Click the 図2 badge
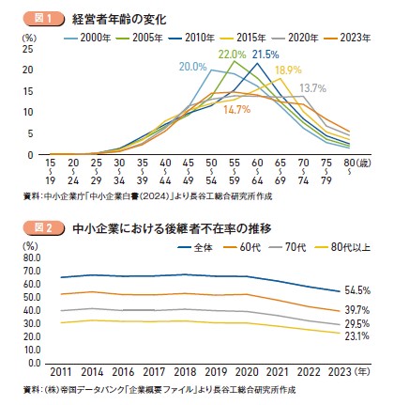click(x=37, y=226)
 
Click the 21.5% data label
click(x=266, y=55)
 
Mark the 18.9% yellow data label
click(x=288, y=70)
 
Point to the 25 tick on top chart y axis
click(x=29, y=49)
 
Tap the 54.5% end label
click(x=359, y=291)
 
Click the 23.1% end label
click(x=359, y=335)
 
